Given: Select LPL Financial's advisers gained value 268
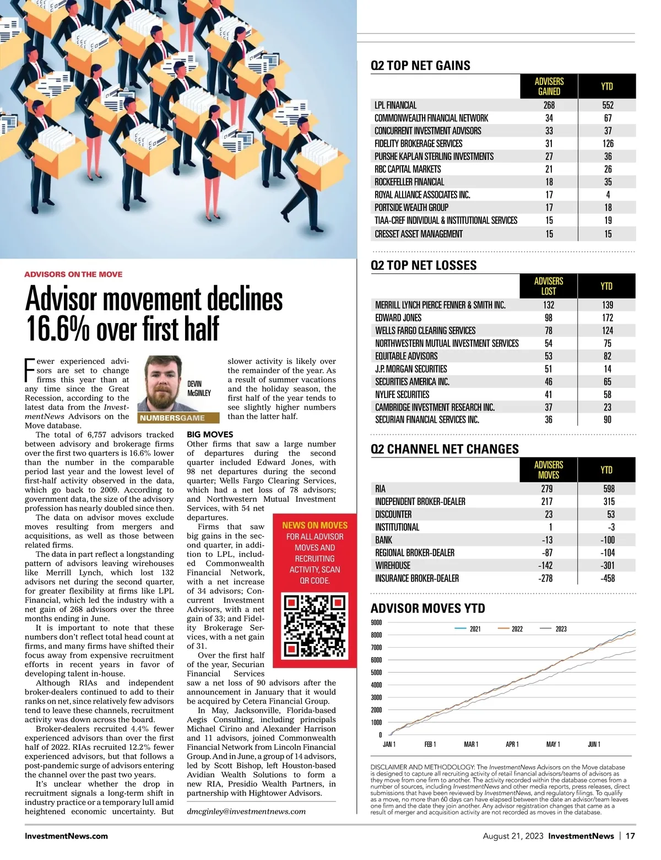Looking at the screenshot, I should (x=549, y=105).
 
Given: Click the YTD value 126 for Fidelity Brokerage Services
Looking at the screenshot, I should (x=608, y=143).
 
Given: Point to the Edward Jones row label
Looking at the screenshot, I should (x=398, y=318).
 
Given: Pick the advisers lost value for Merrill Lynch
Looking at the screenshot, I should (x=549, y=305).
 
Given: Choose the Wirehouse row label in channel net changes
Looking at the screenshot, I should (x=393, y=566).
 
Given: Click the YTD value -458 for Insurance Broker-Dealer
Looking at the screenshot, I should (x=608, y=578).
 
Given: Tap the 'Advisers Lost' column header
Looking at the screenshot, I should (x=549, y=286).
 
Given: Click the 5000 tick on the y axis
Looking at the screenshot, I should (x=376, y=673).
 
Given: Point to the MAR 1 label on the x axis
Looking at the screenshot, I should (x=471, y=744).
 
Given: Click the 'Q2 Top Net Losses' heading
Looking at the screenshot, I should (x=424, y=265).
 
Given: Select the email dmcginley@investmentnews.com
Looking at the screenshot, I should (x=246, y=811).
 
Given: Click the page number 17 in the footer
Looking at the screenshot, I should (x=630, y=836).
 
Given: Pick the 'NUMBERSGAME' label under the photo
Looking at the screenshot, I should (x=172, y=418).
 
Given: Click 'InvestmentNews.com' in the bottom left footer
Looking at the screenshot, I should (x=66, y=836).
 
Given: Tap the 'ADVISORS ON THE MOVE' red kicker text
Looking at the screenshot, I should (x=73, y=274).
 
